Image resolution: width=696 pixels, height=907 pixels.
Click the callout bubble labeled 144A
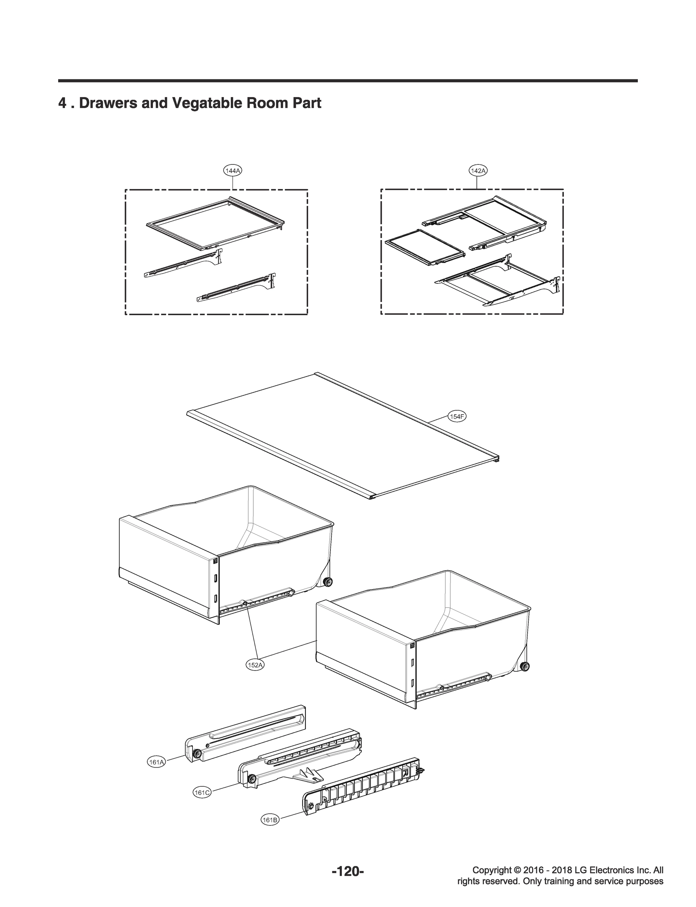point(233,170)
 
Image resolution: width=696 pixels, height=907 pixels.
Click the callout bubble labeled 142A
point(478,170)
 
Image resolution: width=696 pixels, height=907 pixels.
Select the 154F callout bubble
point(457,416)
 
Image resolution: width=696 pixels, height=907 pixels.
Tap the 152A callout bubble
point(255,665)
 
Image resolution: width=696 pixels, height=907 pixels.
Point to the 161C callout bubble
point(202,792)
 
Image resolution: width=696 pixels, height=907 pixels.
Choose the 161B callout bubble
point(270,820)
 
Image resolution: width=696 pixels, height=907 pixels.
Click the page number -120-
point(347,872)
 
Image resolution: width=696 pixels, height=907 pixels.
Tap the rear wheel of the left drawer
point(328,583)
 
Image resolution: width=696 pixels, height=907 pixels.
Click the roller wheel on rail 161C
point(251,780)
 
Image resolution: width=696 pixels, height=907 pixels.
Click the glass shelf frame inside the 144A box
point(215,224)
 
